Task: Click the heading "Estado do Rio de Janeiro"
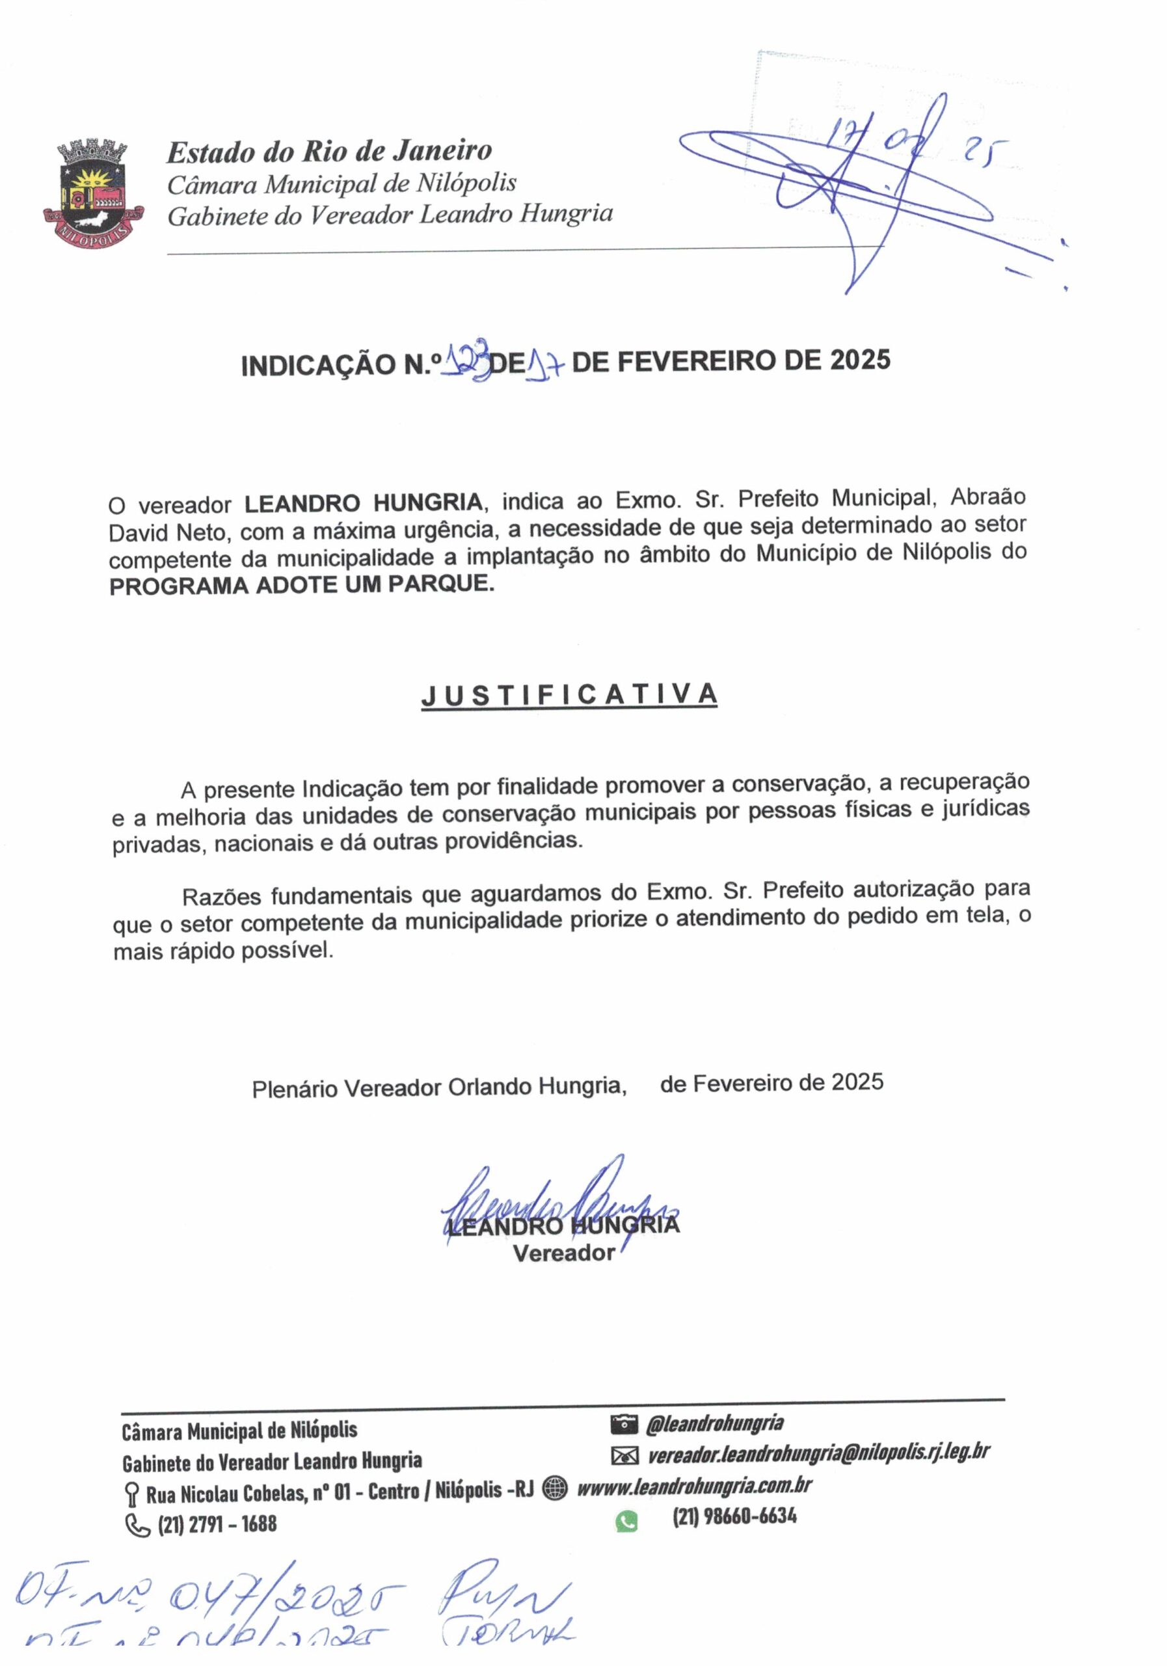tap(329, 152)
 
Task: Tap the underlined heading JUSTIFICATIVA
tap(569, 695)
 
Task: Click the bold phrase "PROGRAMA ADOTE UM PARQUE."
tap(302, 585)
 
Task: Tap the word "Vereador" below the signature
tap(563, 1253)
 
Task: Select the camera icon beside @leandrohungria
tap(624, 1425)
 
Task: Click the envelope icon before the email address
tap(624, 1456)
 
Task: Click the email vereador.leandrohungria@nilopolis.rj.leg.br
tap(818, 1453)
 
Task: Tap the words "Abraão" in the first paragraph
tap(988, 498)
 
